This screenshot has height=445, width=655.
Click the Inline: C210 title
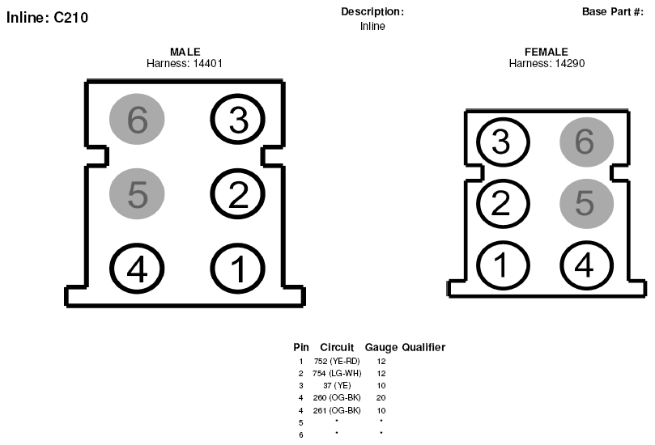point(47,18)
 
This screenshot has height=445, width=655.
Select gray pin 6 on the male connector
point(137,119)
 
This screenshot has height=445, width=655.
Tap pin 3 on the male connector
point(238,119)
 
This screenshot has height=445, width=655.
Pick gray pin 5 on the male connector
point(137,193)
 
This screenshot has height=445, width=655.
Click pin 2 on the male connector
point(238,193)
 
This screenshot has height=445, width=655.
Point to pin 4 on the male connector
point(137,269)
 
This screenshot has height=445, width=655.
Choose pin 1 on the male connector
point(238,269)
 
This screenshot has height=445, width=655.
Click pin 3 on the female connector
point(503,142)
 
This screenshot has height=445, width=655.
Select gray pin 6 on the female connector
point(586,142)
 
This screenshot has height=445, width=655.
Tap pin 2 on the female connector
point(503,204)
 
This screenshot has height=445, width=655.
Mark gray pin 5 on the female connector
point(586,204)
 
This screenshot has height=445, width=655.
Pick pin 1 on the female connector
point(503,265)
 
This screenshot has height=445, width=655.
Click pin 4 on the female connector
point(586,265)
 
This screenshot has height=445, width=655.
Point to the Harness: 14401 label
point(185,63)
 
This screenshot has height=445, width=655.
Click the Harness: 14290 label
point(547,63)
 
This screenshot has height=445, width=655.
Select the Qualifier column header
point(423,347)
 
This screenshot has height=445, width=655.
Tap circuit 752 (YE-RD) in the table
point(337,361)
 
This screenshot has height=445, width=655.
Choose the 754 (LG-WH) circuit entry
point(337,373)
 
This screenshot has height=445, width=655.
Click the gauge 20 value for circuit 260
point(381,398)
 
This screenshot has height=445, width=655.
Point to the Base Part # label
point(613,11)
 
